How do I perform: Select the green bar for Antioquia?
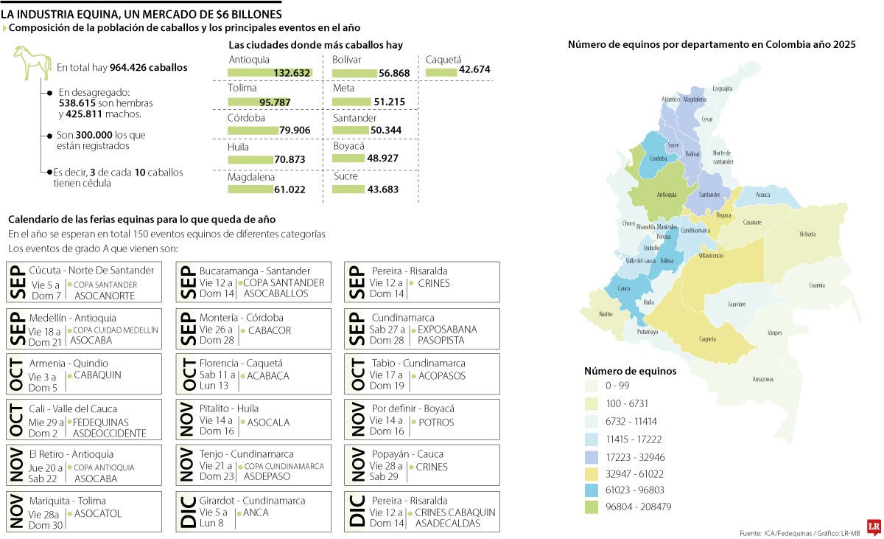click(270, 72)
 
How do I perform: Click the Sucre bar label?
click(345, 177)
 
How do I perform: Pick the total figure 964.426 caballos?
click(148, 68)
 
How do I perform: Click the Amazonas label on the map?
click(763, 379)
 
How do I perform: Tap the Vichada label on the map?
click(807, 234)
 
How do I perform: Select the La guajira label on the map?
click(722, 88)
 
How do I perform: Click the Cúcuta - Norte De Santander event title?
click(92, 271)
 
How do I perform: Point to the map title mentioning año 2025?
click(712, 45)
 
